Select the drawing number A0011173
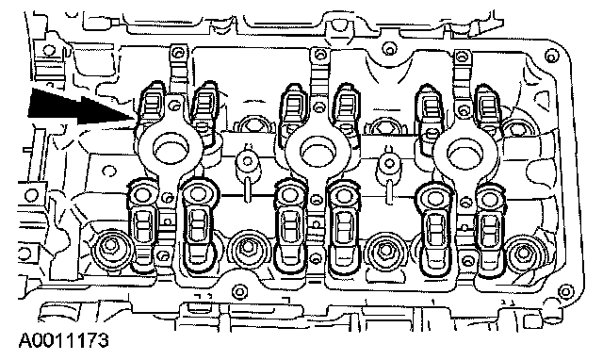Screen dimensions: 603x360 (x=64, y=341)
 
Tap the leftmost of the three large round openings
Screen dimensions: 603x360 (x=171, y=148)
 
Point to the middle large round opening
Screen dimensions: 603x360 (x=318, y=148)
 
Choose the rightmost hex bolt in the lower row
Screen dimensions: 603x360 (x=522, y=254)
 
